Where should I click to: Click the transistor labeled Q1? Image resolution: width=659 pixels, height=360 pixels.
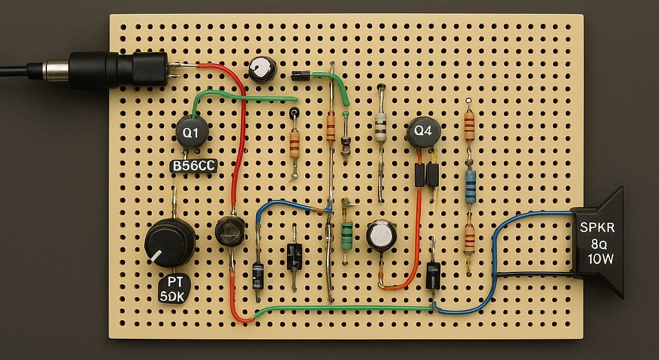click(x=192, y=133)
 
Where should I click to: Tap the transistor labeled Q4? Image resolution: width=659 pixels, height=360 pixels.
click(x=423, y=131)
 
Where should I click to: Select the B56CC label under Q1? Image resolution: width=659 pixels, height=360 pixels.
click(x=193, y=166)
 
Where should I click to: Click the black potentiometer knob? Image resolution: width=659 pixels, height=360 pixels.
click(x=169, y=242)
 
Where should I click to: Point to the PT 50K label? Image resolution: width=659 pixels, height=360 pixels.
click(x=175, y=290)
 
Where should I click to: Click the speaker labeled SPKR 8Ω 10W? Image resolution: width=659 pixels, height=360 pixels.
click(x=599, y=243)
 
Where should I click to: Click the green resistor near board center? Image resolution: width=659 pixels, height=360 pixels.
click(x=347, y=235)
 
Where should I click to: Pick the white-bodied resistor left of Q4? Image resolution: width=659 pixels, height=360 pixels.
click(x=380, y=127)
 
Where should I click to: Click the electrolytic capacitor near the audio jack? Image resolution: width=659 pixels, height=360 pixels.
click(x=263, y=69)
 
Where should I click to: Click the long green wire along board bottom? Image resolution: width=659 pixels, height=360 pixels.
click(x=341, y=308)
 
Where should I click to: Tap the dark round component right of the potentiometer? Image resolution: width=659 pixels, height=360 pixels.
click(x=230, y=231)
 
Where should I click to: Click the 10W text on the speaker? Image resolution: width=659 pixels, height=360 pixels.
click(x=600, y=259)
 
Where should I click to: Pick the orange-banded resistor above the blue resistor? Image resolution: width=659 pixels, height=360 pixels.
click(x=469, y=126)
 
